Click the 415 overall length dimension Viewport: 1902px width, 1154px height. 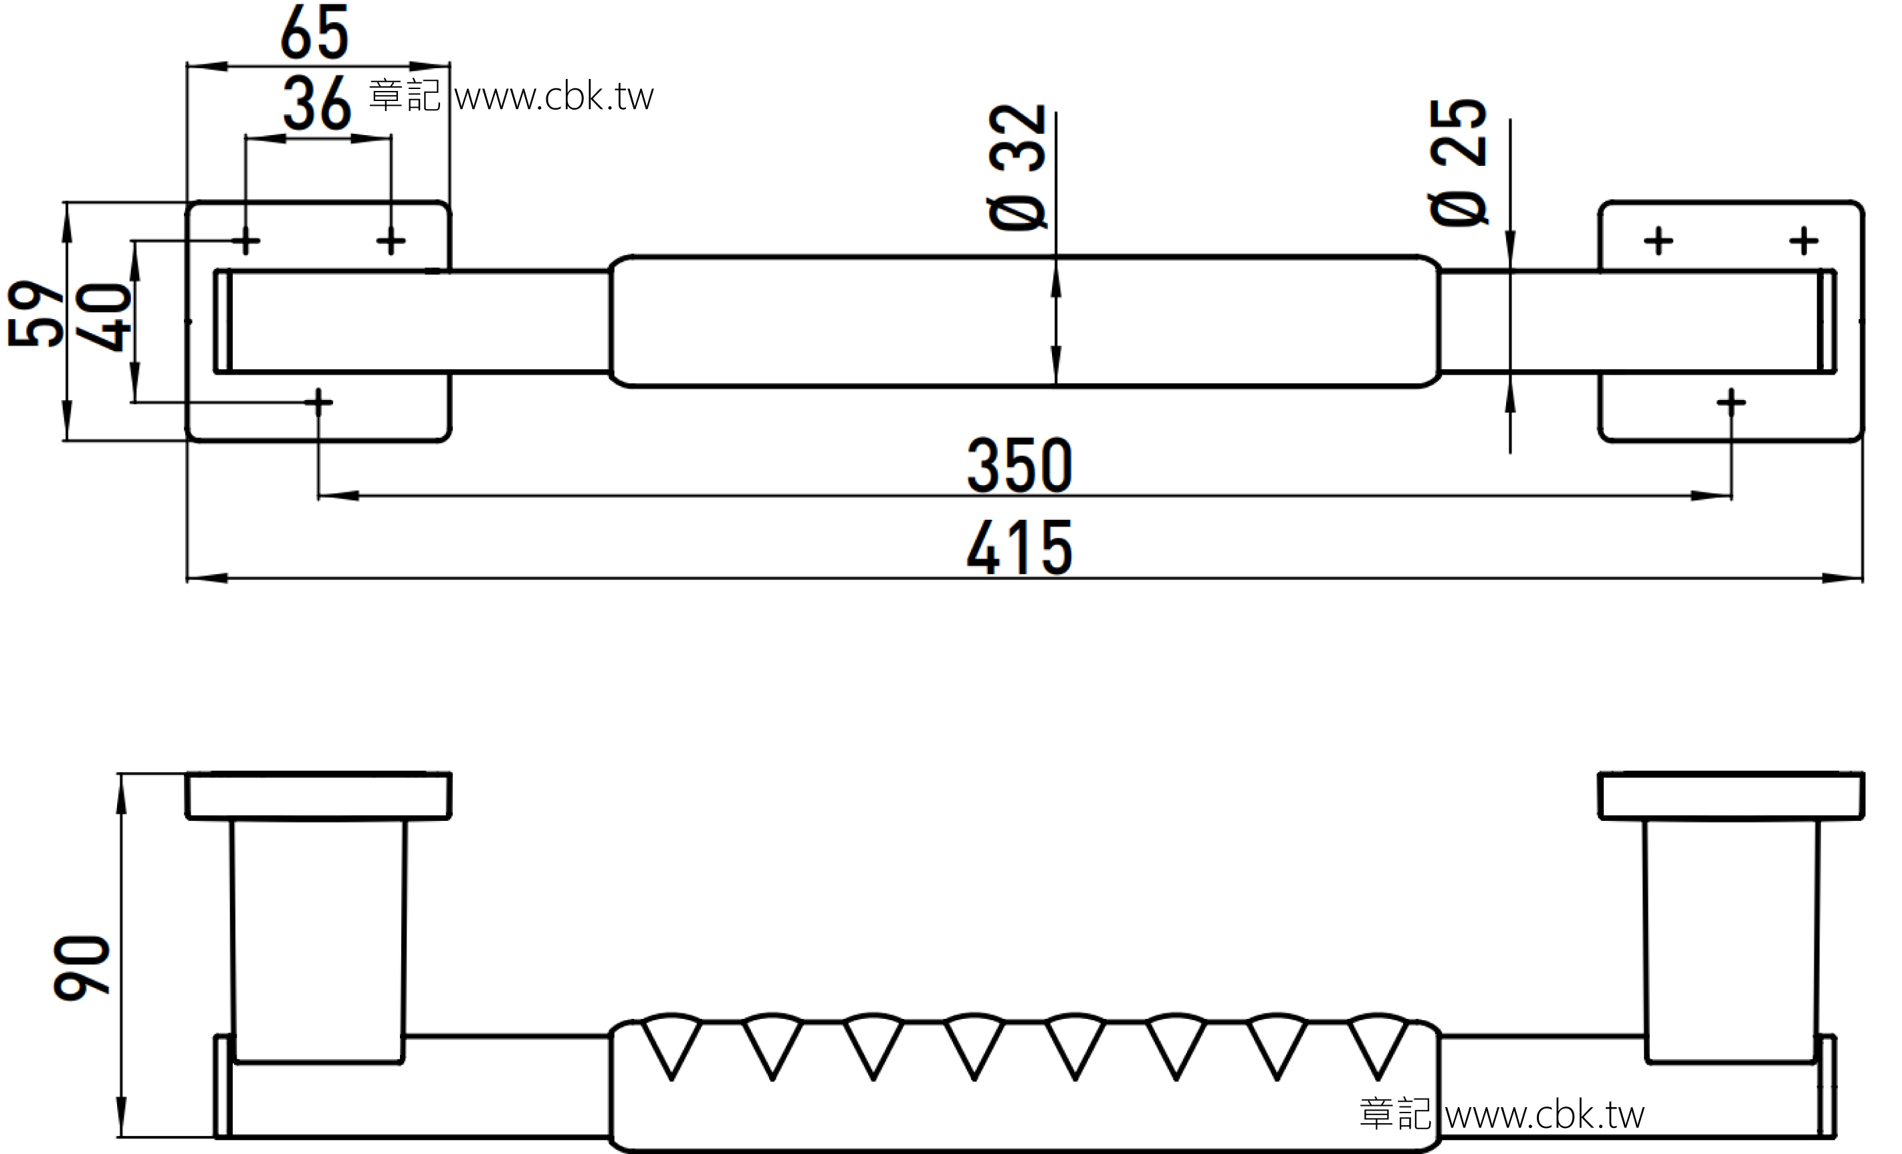pos(1019,548)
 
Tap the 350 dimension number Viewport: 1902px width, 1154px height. pos(1019,466)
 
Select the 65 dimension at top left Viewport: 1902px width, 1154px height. pos(314,31)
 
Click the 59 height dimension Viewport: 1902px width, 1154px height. pos(35,313)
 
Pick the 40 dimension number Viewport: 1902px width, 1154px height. pos(103,317)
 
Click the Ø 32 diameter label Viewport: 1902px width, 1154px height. pos(1017,167)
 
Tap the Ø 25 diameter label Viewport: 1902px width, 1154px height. pos(1457,162)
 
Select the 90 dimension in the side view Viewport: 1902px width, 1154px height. pos(81,968)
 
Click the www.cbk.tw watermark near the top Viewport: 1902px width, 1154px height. pos(554,96)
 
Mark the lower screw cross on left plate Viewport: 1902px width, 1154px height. pos(318,401)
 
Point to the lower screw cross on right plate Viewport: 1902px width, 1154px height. pos(1731,401)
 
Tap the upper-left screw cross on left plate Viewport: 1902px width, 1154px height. pos(245,242)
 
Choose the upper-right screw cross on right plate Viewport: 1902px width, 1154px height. pos(1804,242)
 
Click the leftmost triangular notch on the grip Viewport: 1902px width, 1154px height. pos(671,1045)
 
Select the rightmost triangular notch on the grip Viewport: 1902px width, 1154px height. pos(1378,1045)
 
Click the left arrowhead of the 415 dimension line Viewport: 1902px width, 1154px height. pos(207,577)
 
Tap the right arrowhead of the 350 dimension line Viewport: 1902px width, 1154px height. pos(1711,496)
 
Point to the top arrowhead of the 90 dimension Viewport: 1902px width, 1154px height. pos(121,793)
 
